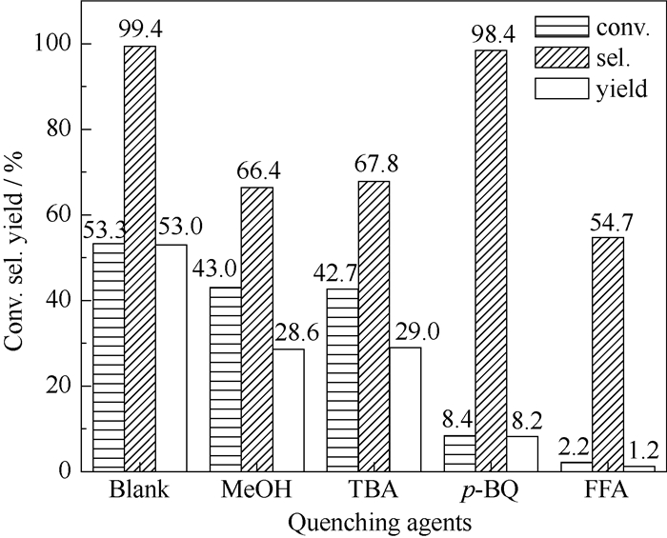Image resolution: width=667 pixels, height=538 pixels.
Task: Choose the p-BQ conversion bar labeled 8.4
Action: pos(459,452)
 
